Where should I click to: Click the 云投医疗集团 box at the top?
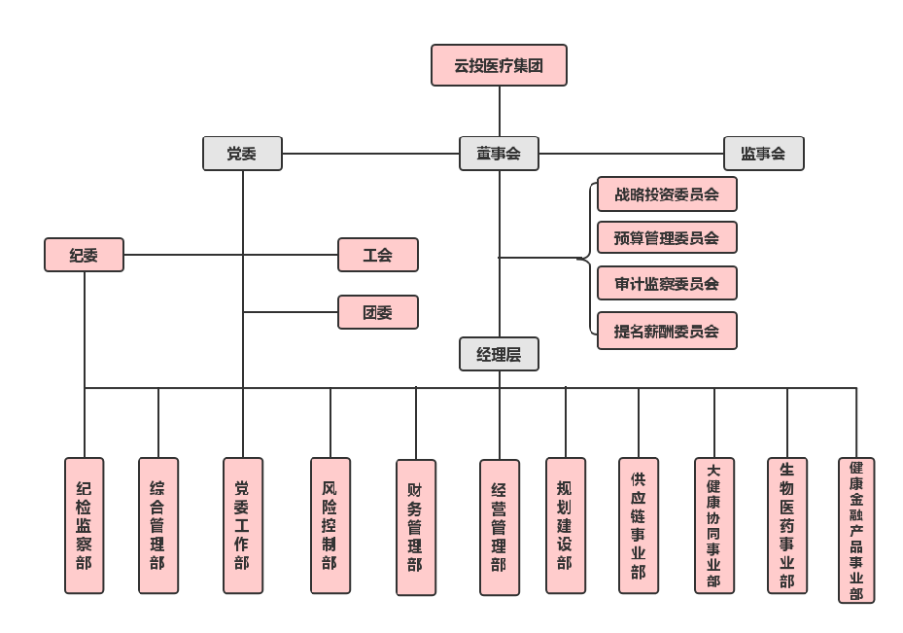pos(499,65)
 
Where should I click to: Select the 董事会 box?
pos(499,154)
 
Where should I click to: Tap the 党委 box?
pos(242,154)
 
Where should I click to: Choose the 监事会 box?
pos(763,154)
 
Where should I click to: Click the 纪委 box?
pos(84,255)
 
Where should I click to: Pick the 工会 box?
pos(377,255)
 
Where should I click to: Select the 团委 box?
pos(377,312)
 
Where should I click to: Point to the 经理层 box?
pos(499,354)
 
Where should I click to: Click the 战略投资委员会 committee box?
pos(667,193)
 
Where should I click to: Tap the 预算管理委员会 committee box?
pos(667,237)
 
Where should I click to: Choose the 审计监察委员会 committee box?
pos(667,283)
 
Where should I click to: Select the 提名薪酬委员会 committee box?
pos(667,331)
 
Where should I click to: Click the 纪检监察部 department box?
pos(84,525)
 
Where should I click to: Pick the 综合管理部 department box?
pos(157,525)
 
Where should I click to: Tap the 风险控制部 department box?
pos(330,525)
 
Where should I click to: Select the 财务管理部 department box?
pos(415,527)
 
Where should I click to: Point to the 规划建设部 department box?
pos(565,525)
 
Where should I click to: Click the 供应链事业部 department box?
pos(638,525)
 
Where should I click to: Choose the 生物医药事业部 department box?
pos(786,525)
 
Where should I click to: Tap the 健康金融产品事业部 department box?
pos(855,530)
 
